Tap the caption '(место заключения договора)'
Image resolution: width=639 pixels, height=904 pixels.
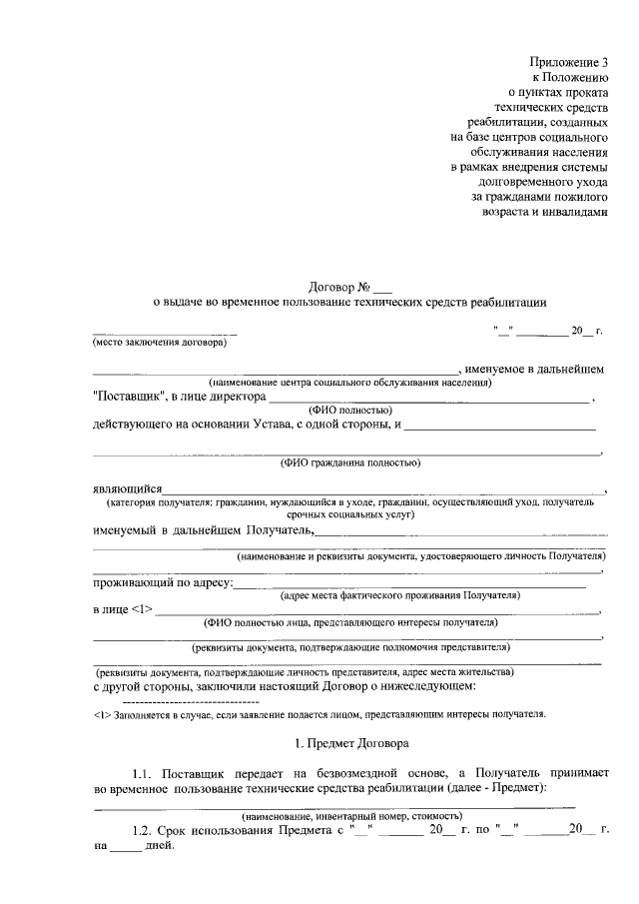point(160,343)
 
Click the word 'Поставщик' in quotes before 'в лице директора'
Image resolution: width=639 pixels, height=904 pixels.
point(128,397)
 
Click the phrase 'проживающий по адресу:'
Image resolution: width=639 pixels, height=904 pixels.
point(164,581)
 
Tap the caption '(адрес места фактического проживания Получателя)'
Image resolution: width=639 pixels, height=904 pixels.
point(400,595)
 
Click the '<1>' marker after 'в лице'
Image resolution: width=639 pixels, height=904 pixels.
point(143,608)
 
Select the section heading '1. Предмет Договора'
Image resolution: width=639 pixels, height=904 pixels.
point(348,743)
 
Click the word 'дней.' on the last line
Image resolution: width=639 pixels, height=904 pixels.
point(160,845)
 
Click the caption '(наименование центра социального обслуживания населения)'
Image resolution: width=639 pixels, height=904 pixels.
point(349,383)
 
